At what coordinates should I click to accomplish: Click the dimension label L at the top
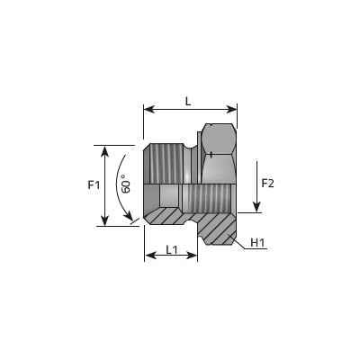tap(188, 102)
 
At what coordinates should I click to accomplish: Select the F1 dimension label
tap(94, 185)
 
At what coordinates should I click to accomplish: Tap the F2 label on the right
tap(268, 183)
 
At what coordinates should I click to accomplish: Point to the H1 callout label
tap(257, 242)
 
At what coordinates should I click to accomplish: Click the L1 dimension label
tap(172, 249)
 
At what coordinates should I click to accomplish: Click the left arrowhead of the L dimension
tap(149, 110)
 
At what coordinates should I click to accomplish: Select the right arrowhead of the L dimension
tap(231, 110)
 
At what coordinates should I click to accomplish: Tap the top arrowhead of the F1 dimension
tap(104, 151)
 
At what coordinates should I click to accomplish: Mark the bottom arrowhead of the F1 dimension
tap(104, 220)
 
